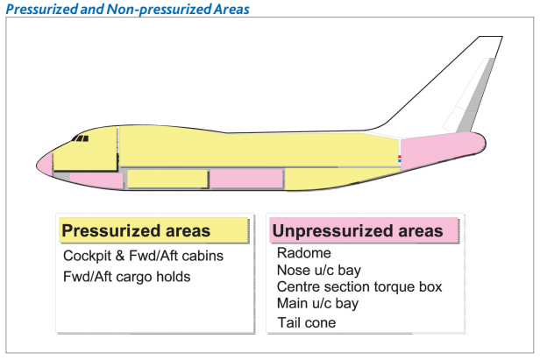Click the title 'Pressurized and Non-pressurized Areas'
(128, 9)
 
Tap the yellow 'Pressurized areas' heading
(135, 230)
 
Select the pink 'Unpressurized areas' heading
(357, 231)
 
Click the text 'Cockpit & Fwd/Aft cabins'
(143, 257)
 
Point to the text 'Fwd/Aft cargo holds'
(126, 277)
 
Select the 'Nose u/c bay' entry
(318, 270)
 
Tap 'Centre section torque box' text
(359, 286)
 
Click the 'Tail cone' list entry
(306, 322)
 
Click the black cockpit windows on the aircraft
(81, 138)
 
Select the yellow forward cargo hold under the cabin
(167, 179)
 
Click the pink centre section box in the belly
(246, 178)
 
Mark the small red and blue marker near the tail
(400, 159)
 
